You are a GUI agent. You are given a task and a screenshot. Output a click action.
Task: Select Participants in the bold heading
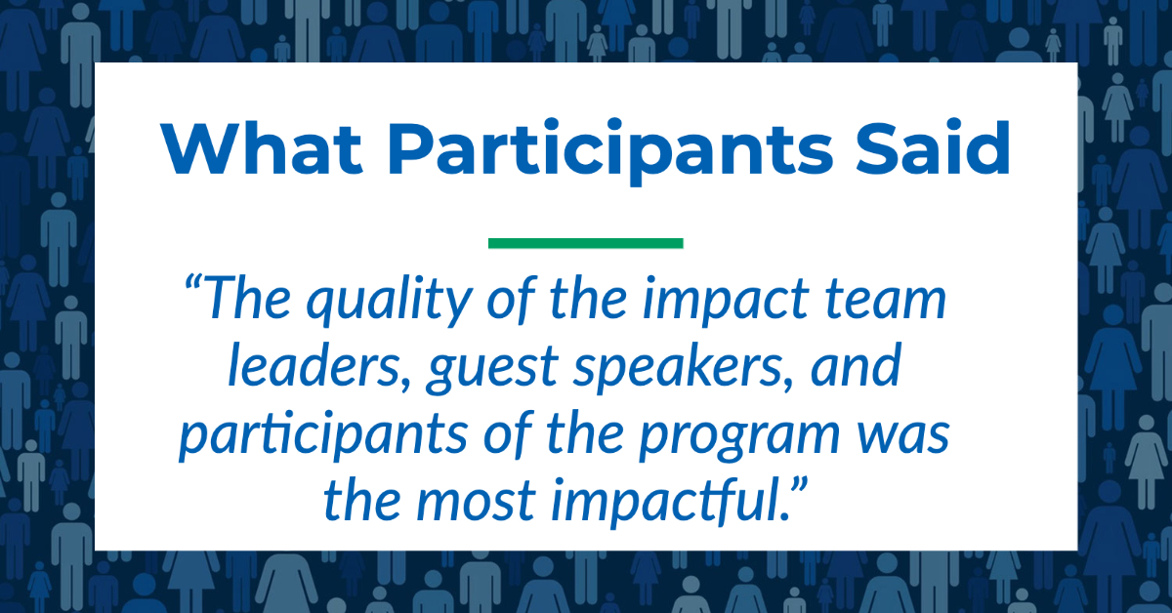click(x=610, y=151)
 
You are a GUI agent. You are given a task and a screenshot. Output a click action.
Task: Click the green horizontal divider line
click(x=585, y=243)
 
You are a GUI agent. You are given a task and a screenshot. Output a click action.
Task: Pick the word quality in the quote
click(x=390, y=302)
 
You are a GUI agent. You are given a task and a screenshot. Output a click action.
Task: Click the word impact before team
click(x=726, y=302)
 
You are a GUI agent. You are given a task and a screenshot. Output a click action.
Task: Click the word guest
click(x=493, y=369)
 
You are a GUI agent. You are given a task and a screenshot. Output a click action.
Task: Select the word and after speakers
click(x=856, y=364)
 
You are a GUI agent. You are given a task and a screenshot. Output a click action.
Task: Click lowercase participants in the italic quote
click(x=323, y=436)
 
